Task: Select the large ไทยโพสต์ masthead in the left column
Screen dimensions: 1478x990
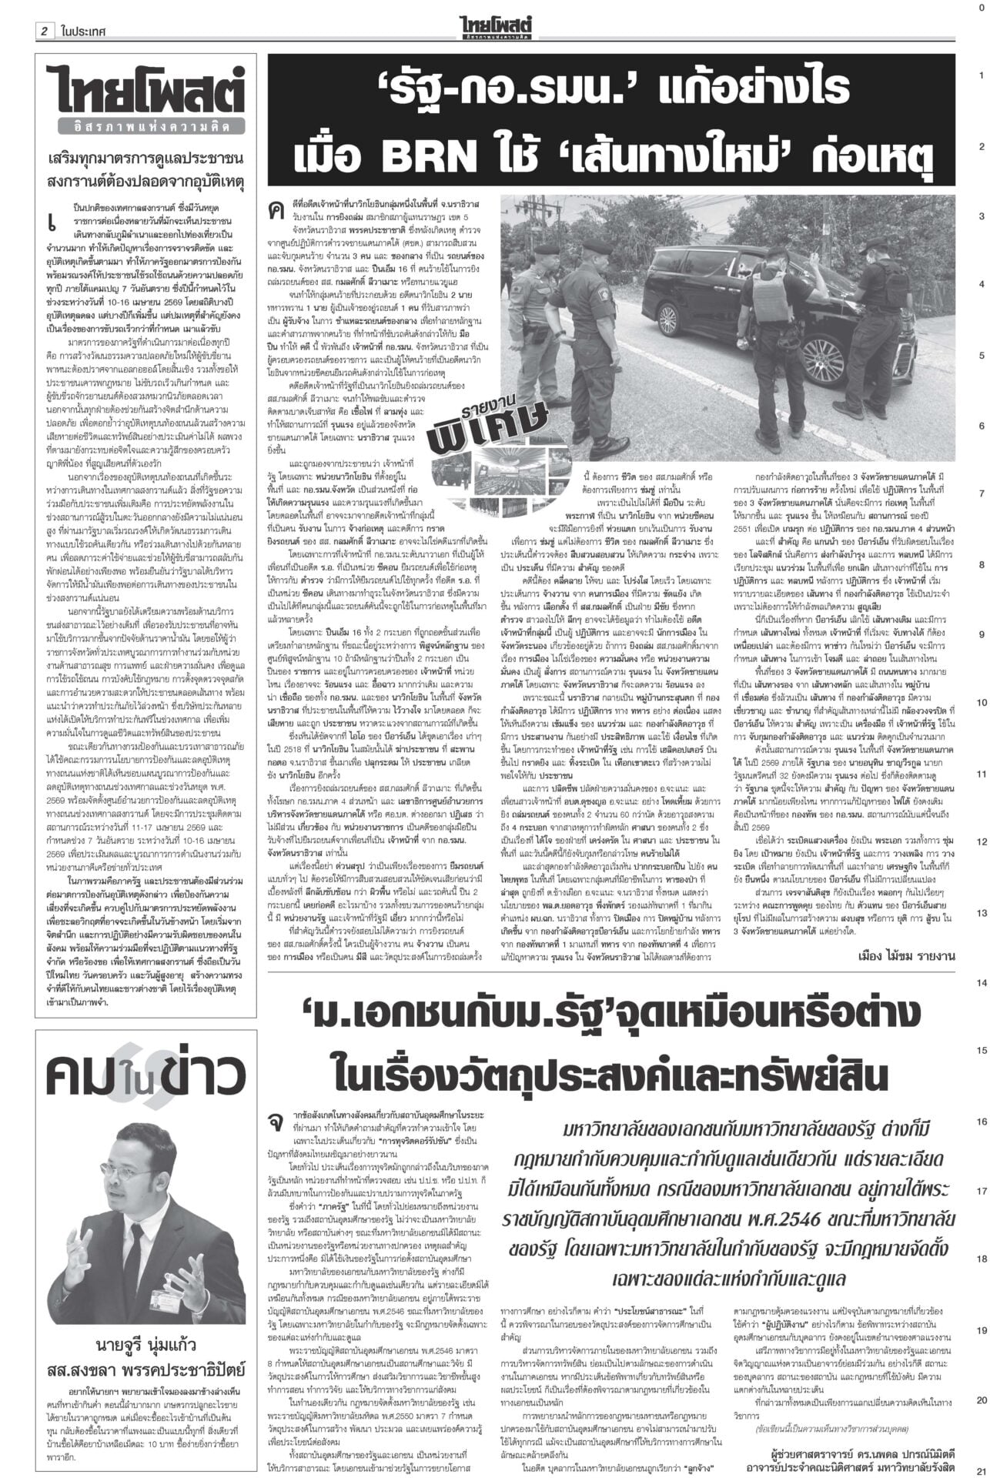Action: [145, 89]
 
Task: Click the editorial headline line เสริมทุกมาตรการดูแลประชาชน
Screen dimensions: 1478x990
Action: [145, 159]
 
